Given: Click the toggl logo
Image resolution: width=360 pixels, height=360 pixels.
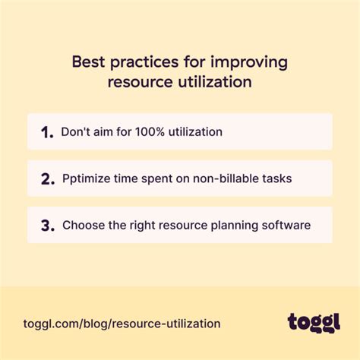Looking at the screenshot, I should (x=314, y=321).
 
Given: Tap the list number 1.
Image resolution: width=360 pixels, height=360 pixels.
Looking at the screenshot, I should (x=47, y=132).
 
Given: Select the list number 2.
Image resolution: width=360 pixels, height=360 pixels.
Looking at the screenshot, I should (x=48, y=179).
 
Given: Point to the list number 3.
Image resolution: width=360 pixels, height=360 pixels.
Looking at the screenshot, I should (x=48, y=226).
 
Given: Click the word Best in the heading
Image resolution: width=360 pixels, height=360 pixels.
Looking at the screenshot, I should (x=88, y=61).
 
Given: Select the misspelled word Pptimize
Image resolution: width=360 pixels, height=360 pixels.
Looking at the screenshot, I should (x=87, y=178).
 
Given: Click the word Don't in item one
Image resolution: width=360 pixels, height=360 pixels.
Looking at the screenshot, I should (x=77, y=132).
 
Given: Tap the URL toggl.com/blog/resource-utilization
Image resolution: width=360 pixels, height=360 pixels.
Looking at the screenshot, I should (x=118, y=323).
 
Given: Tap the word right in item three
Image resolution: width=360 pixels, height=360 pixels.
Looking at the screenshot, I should (x=145, y=226).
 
